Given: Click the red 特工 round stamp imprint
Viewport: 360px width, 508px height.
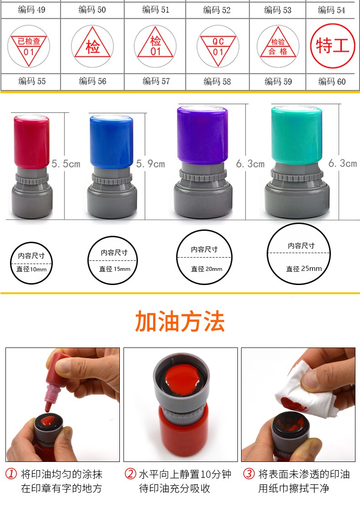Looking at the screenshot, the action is point(333,46).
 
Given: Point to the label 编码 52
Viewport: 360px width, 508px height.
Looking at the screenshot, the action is point(217,10).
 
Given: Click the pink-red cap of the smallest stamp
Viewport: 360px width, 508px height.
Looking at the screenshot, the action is point(31,141).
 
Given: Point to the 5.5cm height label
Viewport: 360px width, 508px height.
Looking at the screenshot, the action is point(66,164).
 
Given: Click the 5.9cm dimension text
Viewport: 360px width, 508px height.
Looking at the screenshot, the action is point(150,164).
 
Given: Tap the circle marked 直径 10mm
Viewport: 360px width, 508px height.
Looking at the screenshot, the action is point(31,263).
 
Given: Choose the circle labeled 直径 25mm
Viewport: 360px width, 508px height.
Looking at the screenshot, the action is point(299,254).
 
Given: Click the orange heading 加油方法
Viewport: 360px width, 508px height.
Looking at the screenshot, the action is point(180,321).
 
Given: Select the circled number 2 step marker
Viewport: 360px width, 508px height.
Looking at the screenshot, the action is point(130,474).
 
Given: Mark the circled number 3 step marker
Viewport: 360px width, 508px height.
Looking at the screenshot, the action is point(249,474).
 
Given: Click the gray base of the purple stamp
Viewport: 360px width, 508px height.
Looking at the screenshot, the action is point(203,191).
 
